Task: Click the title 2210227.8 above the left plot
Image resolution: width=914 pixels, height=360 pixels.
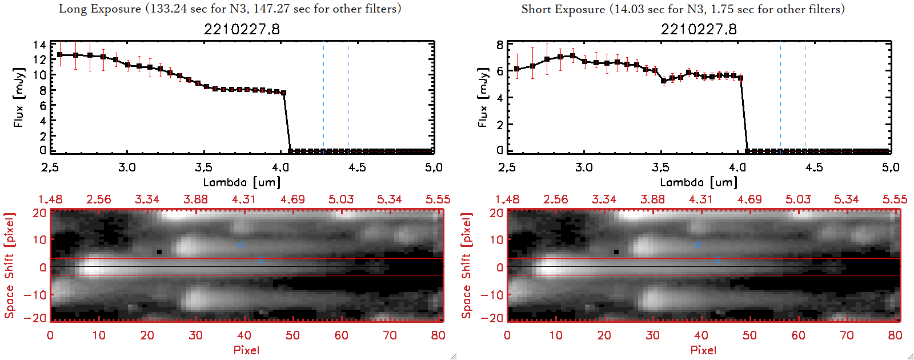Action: pyautogui.click(x=242, y=30)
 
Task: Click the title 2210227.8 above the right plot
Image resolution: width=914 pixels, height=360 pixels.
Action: pyautogui.click(x=699, y=30)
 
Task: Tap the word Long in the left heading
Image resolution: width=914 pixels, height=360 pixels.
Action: pyautogui.click(x=73, y=9)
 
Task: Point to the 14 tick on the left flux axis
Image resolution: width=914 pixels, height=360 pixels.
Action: pyautogui.click(x=39, y=45)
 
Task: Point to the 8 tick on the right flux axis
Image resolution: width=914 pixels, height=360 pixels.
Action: pyautogui.click(x=500, y=45)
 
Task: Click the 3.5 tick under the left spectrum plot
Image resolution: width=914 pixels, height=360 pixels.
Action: pyautogui.click(x=203, y=167)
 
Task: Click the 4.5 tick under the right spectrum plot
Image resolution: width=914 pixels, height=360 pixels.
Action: pyautogui.click(x=814, y=167)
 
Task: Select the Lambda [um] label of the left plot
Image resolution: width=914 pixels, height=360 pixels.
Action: pyautogui.click(x=242, y=182)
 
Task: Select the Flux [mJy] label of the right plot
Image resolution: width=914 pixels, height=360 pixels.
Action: pyautogui.click(x=483, y=97)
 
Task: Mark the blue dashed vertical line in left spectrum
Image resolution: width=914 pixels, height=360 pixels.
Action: pyautogui.click(x=323, y=97)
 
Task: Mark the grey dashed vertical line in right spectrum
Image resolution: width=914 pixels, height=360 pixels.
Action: pyautogui.click(x=805, y=97)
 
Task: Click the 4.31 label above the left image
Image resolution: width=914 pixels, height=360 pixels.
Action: pyautogui.click(x=244, y=199)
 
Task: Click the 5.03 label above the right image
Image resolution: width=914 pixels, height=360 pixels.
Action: pyautogui.click(x=798, y=199)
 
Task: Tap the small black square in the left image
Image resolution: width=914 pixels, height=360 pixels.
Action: pyautogui.click(x=159, y=251)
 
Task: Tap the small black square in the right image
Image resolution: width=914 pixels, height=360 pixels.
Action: pyautogui.click(x=616, y=251)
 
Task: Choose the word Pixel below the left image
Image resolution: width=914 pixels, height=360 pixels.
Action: pyautogui.click(x=246, y=350)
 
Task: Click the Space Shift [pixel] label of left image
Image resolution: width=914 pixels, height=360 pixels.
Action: pyautogui.click(x=10, y=266)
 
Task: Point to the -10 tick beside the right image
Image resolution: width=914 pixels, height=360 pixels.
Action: pyautogui.click(x=492, y=295)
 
